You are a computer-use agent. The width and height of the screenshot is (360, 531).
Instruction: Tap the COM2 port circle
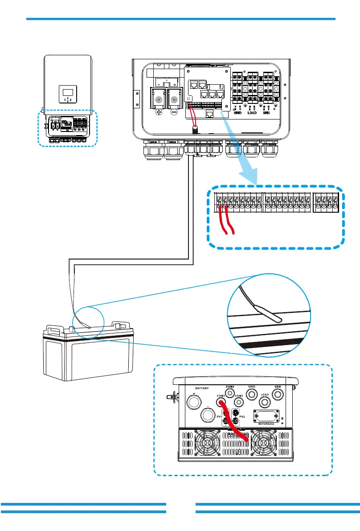(x=230, y=393)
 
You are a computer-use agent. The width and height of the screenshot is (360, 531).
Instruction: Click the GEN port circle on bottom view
(x=279, y=394)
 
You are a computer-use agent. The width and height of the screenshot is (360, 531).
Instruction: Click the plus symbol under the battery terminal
(x=158, y=113)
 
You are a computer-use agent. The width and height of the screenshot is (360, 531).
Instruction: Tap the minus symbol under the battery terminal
(x=174, y=113)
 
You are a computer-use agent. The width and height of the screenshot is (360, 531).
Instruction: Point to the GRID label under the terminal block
(x=238, y=113)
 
